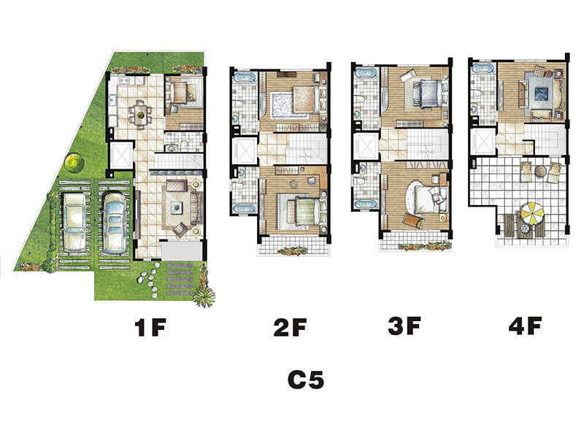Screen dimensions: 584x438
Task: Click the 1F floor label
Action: click(x=150, y=328)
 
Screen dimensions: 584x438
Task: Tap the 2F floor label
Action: click(x=290, y=327)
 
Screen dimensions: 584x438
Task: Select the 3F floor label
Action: click(x=404, y=326)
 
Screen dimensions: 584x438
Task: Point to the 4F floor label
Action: click(x=525, y=326)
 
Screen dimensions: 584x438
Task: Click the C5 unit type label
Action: click(x=306, y=380)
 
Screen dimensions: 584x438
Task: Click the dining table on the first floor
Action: click(x=140, y=113)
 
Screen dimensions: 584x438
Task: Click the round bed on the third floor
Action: click(x=425, y=197)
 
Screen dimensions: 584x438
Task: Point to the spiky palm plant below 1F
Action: click(x=204, y=296)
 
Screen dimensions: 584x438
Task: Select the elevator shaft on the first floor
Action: click(x=120, y=155)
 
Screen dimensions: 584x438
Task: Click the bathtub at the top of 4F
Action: click(x=483, y=69)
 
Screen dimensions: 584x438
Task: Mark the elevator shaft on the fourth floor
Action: click(x=483, y=142)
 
